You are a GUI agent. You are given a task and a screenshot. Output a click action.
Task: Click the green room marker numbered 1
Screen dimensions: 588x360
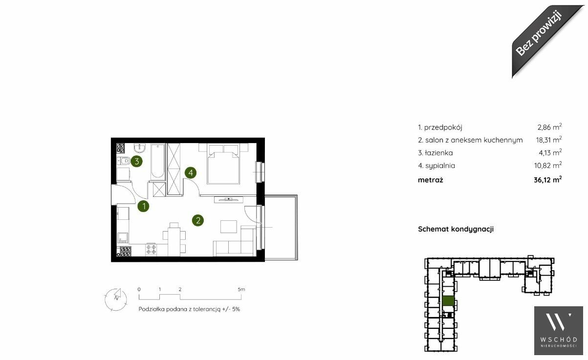pyautogui.click(x=143, y=206)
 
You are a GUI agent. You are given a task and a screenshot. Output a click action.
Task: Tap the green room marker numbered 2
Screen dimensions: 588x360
pyautogui.click(x=198, y=220)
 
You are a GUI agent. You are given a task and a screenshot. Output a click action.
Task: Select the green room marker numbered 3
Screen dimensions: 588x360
pyautogui.click(x=136, y=161)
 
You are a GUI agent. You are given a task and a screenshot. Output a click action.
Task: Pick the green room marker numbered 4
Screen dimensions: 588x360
pyautogui.click(x=191, y=172)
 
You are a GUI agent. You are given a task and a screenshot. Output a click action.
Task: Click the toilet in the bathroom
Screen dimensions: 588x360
pyautogui.click(x=123, y=161)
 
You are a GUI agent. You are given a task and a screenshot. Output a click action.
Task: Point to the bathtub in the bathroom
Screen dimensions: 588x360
pyautogui.click(x=158, y=162)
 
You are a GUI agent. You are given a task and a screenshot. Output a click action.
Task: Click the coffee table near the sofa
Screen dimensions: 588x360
pyautogui.click(x=229, y=227)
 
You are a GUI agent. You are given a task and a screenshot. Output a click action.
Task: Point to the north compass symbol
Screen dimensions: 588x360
pyautogui.click(x=116, y=299)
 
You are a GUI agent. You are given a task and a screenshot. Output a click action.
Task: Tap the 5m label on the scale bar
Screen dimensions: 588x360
pyautogui.click(x=241, y=290)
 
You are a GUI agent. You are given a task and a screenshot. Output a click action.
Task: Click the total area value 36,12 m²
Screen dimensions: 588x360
pyautogui.click(x=548, y=179)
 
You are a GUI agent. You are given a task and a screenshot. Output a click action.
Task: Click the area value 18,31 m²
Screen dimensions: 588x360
pyautogui.click(x=548, y=140)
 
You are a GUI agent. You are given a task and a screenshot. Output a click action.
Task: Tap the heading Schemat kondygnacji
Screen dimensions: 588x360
pyautogui.click(x=456, y=229)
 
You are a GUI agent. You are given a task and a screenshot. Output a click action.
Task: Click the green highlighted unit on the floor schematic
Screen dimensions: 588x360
pyautogui.click(x=448, y=301)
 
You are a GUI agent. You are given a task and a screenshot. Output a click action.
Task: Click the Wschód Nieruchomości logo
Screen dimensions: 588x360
pyautogui.click(x=558, y=330)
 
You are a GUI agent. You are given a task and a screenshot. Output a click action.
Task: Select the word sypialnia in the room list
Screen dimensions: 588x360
pyautogui.click(x=440, y=166)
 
